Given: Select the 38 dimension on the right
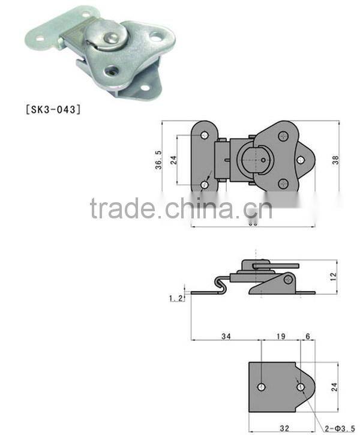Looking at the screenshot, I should click(x=335, y=160).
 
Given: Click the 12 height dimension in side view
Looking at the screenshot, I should click(x=334, y=277).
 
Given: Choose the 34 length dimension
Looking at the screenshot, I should click(x=226, y=337).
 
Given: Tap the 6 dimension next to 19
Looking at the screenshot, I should click(x=307, y=337).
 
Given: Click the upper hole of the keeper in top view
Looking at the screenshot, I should click(x=205, y=136).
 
